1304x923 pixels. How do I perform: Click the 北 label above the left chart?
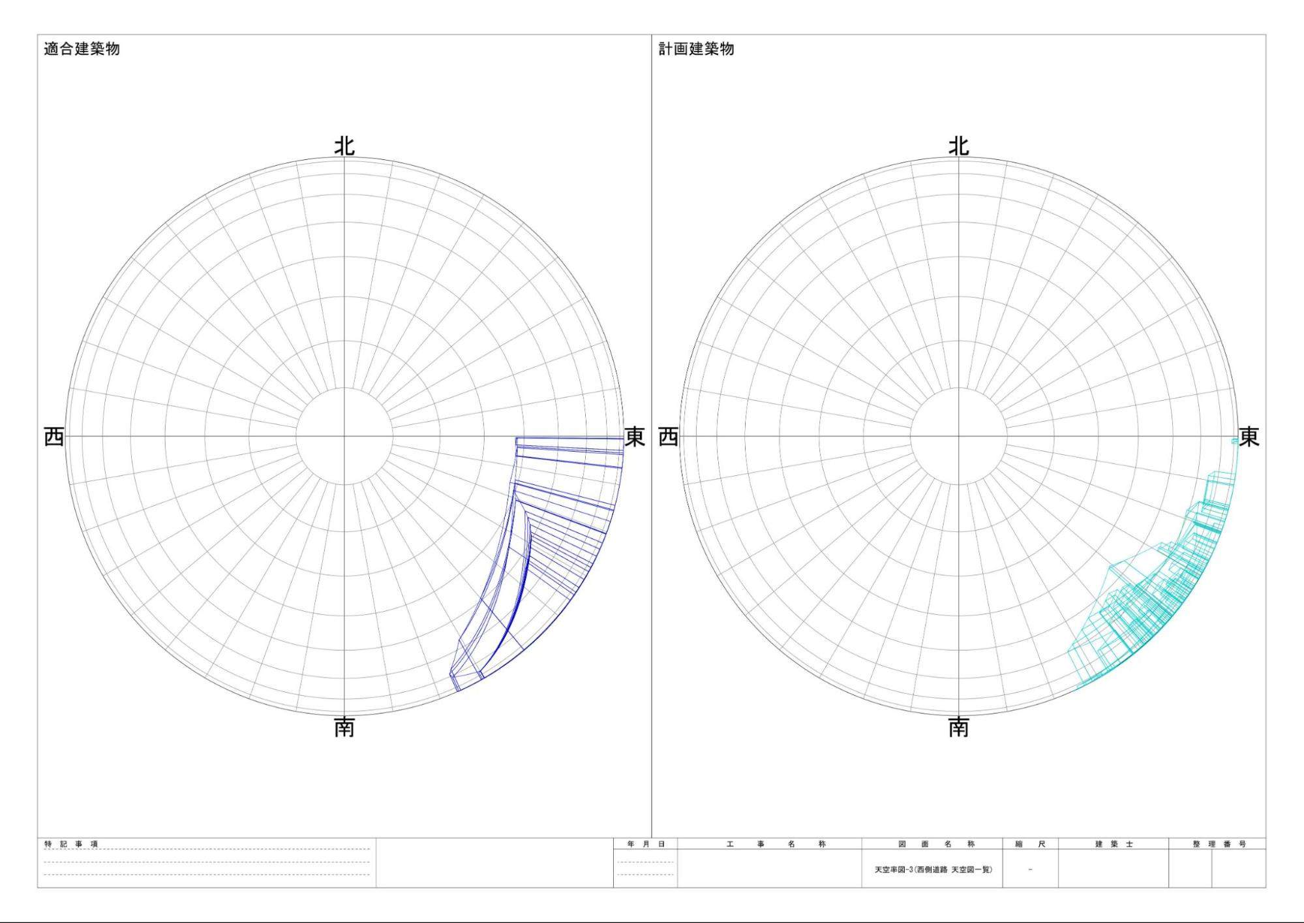(x=344, y=146)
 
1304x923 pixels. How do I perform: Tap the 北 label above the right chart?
(x=958, y=146)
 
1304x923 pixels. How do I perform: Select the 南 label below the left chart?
(x=344, y=727)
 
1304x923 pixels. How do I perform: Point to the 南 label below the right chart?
(x=958, y=727)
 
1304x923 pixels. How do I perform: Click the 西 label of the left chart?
(x=54, y=437)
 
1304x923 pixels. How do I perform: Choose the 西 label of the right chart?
(x=669, y=437)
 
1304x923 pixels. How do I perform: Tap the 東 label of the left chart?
(x=635, y=437)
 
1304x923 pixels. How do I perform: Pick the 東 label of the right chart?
(x=1249, y=437)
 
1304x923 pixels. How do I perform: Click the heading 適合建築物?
(x=82, y=49)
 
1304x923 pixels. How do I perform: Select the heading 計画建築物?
(x=696, y=49)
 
